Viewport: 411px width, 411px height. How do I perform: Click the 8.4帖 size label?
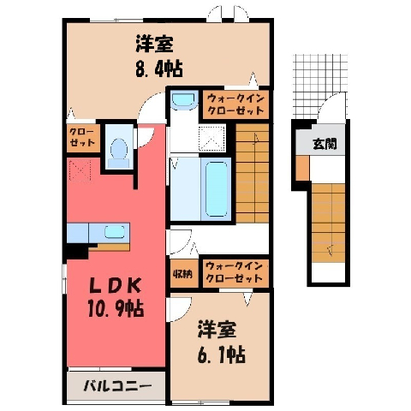[159, 69]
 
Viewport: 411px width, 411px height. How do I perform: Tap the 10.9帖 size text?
[116, 308]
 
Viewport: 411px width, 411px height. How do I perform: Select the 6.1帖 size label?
[221, 354]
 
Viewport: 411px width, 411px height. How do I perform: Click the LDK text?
[116, 286]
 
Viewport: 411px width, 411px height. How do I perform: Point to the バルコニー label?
[117, 387]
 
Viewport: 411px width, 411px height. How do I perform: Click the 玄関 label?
[325, 144]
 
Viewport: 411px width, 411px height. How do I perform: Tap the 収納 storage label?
[182, 274]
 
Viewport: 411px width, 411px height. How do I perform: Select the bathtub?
[216, 188]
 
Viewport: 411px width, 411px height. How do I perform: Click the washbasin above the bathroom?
[183, 100]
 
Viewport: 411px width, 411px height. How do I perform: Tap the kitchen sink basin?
[115, 231]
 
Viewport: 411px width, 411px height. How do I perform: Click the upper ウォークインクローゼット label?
[235, 104]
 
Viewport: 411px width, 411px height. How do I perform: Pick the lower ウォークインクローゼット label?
[234, 272]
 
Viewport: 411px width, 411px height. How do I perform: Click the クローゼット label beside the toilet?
[82, 137]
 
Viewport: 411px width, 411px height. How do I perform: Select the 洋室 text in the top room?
[154, 44]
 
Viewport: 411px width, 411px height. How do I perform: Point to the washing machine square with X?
[211, 138]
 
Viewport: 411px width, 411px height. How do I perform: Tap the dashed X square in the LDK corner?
[80, 171]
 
